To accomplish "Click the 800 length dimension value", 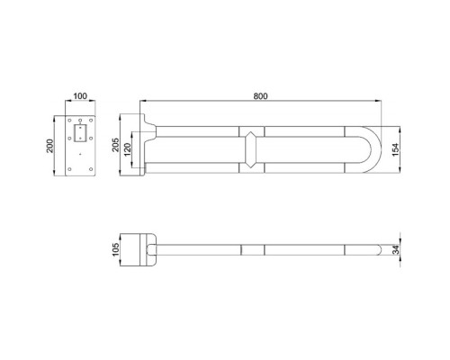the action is point(260,96).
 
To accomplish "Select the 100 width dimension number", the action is point(80,96).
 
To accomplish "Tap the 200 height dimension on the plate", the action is point(49,146).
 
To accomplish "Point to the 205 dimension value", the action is point(116,145).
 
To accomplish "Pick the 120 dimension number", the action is point(127,149).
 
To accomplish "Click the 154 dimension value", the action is point(396,149).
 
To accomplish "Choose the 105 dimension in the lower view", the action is point(116,249).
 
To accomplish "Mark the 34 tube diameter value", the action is point(397,250).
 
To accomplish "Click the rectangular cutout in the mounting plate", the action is point(80,133).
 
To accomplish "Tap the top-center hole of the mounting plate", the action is point(80,121).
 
